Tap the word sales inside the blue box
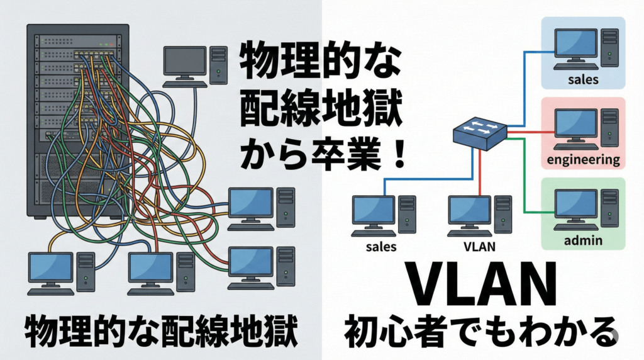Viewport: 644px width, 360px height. [x=582, y=80]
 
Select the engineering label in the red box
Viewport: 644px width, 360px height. [x=583, y=159]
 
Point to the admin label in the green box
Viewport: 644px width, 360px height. [x=583, y=240]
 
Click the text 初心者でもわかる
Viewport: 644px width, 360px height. [x=478, y=331]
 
